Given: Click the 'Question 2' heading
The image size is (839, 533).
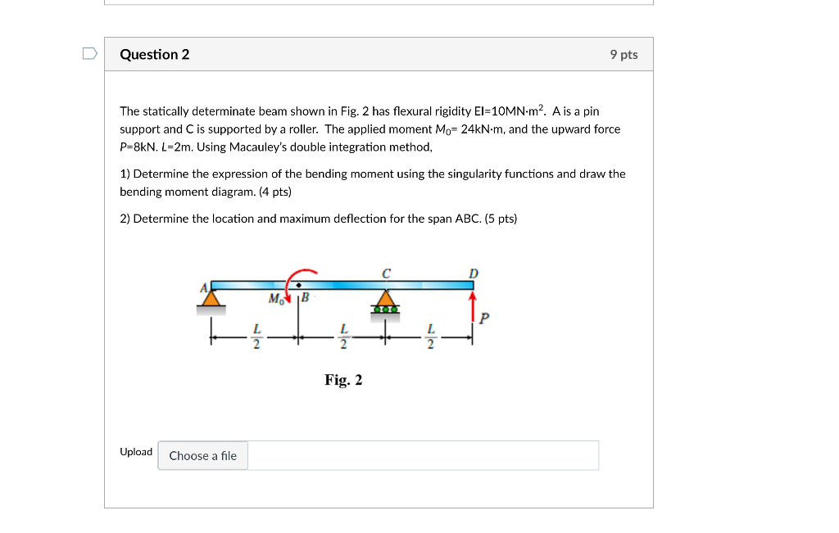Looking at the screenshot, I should click(154, 55).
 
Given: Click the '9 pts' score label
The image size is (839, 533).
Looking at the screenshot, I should click(624, 55).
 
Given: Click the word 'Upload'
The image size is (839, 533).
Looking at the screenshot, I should click(136, 452).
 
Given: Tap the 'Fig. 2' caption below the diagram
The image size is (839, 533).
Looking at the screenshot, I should click(343, 380).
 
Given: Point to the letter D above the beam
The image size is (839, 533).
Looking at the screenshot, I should click(473, 273).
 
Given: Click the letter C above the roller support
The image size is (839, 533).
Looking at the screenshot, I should click(386, 272).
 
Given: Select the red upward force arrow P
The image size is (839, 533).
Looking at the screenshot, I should click(472, 306).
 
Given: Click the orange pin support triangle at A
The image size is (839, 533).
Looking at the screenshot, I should click(212, 298).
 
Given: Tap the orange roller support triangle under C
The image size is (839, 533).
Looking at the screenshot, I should click(385, 297).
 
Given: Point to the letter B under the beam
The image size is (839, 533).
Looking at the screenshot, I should click(305, 297).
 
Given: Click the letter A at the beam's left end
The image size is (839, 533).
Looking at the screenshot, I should click(205, 287).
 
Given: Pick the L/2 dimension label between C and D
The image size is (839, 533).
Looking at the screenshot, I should click(430, 336).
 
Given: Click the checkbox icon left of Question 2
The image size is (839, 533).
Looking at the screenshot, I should click(89, 54).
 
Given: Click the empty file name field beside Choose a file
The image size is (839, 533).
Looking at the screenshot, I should click(422, 455).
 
